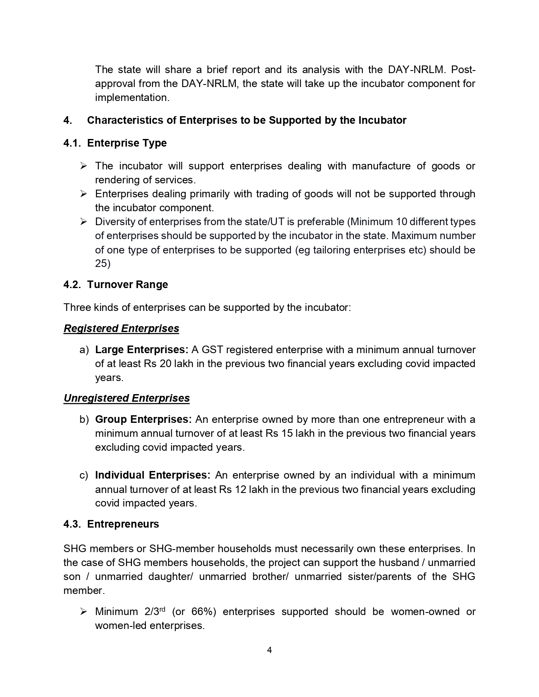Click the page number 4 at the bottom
(269, 650)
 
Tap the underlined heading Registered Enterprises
(121, 329)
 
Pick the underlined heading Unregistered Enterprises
(126, 398)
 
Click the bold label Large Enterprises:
(142, 350)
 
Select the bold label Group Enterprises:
(143, 419)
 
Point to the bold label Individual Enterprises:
(153, 475)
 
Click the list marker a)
(84, 350)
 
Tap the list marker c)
(84, 475)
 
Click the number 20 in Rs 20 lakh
(165, 364)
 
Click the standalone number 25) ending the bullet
(102, 264)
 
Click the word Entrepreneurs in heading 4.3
(123, 524)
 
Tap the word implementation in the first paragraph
(131, 98)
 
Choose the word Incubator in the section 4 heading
(382, 120)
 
